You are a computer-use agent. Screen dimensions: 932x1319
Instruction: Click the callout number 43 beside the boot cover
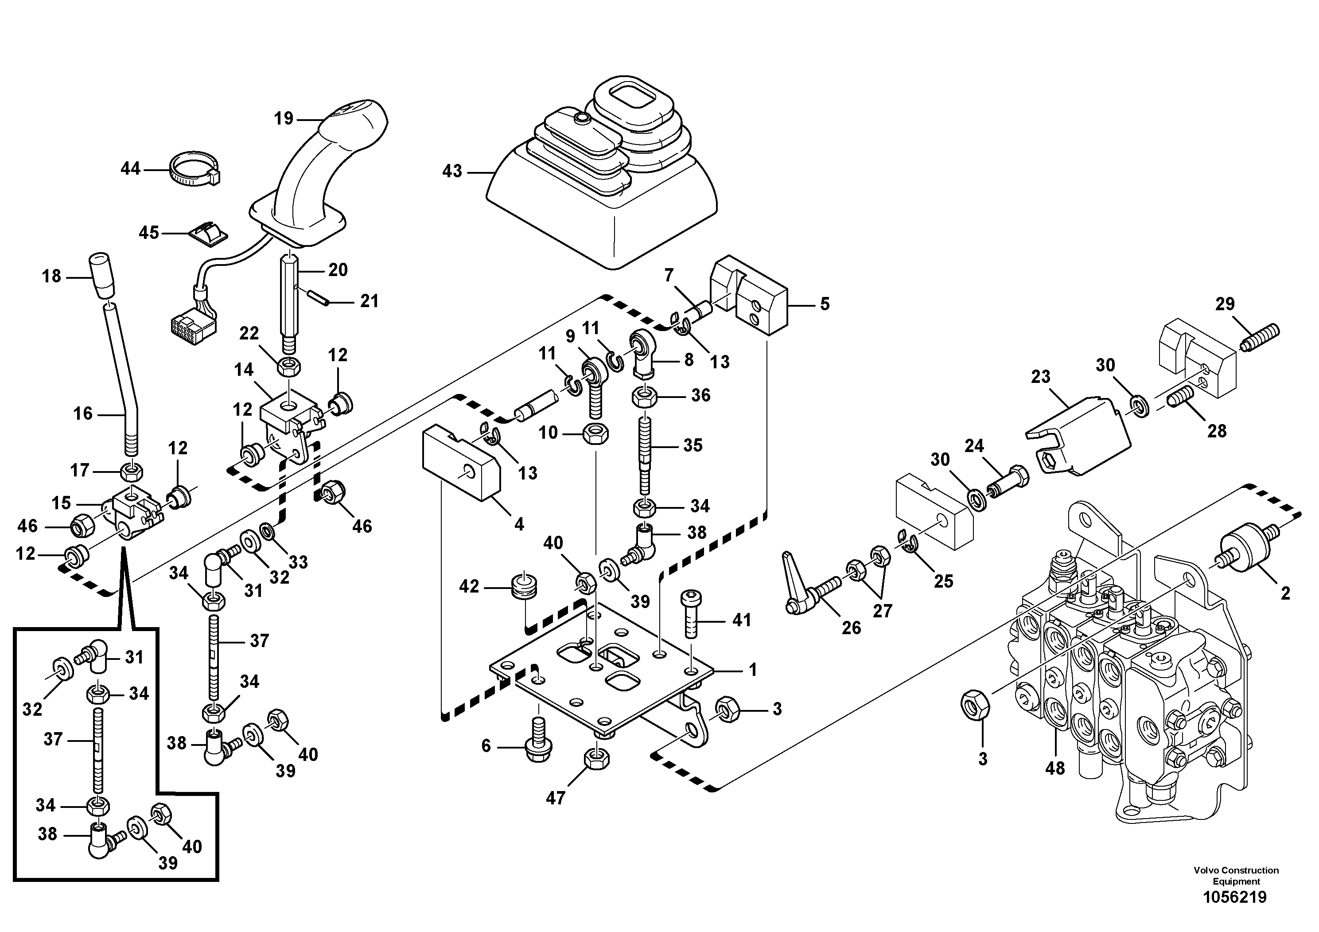tap(452, 171)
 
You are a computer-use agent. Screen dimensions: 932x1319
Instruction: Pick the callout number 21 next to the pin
tap(369, 300)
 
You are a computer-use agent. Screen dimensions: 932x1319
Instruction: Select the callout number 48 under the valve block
tap(1055, 768)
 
